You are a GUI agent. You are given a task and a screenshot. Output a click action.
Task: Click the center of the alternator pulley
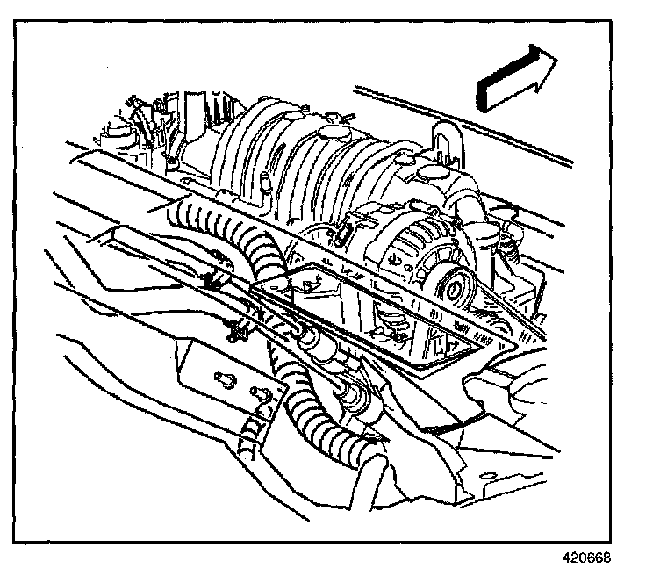455,286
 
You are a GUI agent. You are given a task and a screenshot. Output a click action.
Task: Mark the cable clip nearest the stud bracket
234,331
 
